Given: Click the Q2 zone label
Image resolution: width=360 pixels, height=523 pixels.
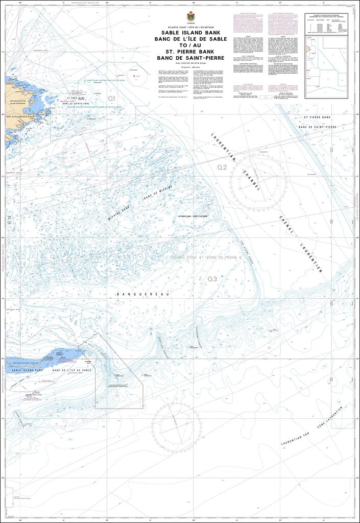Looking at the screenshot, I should [x=222, y=168].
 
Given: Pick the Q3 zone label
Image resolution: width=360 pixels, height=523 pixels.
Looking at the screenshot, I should [x=212, y=279].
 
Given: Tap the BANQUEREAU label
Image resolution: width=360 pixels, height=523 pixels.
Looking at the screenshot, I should [x=139, y=295].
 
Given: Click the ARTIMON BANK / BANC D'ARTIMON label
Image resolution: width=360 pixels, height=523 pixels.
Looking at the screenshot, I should [x=189, y=217].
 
